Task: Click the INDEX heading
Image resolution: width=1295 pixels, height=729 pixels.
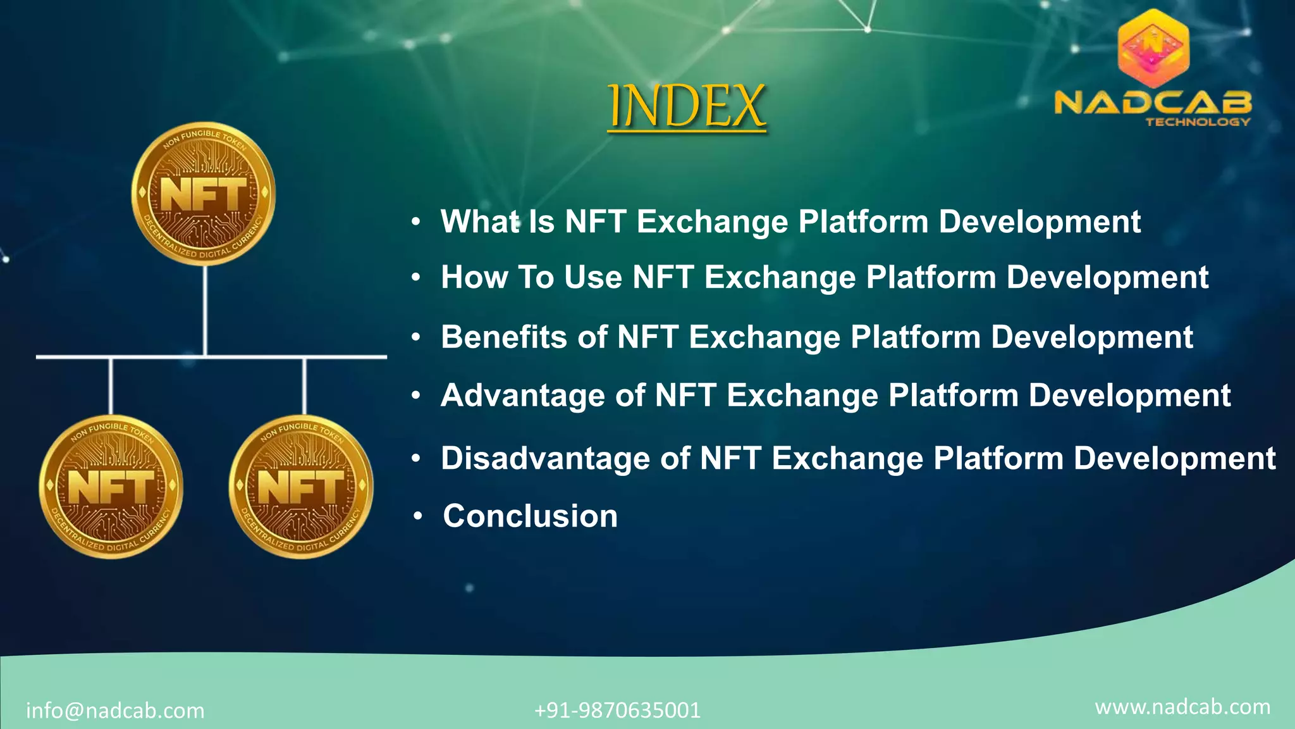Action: pos(687,106)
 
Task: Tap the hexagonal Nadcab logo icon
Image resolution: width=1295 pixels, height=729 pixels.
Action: pos(1153,49)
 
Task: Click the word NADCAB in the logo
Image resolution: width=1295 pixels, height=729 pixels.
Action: pos(1153,103)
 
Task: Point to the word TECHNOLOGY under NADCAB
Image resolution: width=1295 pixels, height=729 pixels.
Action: pos(1198,121)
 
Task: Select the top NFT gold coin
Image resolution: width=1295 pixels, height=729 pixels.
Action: pos(204,194)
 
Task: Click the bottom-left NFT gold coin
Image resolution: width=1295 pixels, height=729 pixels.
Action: pos(111,487)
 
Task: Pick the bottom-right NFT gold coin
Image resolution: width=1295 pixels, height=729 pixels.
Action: pos(301,487)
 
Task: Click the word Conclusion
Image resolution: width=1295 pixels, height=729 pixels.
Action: pos(530,516)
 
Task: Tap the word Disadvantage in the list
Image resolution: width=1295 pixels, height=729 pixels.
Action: pos(545,458)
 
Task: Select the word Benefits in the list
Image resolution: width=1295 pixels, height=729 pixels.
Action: pos(503,337)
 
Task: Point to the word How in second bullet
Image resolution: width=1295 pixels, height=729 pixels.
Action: pos(474,277)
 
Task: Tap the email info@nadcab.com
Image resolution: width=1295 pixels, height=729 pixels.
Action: pos(115,711)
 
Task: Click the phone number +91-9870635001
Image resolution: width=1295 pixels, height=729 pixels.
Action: pos(617,710)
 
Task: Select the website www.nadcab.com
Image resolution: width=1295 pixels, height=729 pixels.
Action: pos(1182,707)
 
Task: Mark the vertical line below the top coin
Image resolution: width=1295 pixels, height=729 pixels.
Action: pos(205,310)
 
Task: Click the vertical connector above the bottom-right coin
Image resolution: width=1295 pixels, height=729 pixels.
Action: pos(304,386)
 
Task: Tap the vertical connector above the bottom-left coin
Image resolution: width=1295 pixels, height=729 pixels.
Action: pos(111,386)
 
